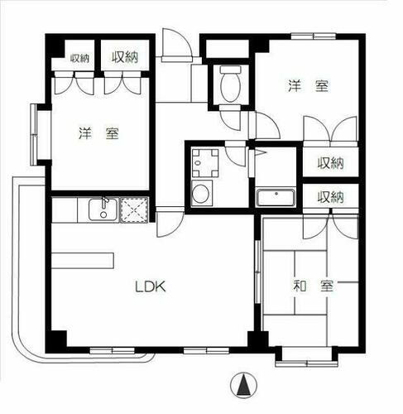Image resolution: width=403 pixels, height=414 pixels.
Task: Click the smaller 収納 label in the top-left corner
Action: coord(79,58)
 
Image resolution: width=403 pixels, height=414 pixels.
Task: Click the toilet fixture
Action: coord(229,83)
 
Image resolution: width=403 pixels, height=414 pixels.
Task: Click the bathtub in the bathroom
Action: coord(273,198)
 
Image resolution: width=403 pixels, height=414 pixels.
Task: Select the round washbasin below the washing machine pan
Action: coord(202,195)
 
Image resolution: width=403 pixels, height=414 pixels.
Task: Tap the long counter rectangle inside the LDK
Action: coord(82,259)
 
